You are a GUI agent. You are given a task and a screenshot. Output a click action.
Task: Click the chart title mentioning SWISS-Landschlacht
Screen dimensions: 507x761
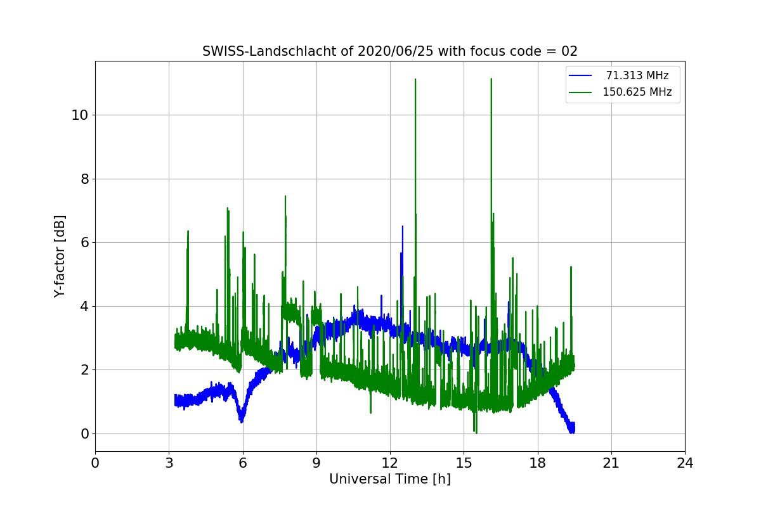click(x=389, y=51)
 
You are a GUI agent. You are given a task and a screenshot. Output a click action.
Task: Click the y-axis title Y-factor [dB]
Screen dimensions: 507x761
click(x=60, y=256)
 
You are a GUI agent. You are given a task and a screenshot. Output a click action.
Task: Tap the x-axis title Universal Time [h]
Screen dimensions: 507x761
click(x=389, y=479)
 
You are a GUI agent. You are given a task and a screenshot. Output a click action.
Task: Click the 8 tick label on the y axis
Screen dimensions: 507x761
click(x=84, y=179)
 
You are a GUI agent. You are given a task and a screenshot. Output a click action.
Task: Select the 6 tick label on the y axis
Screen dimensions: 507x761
click(x=84, y=242)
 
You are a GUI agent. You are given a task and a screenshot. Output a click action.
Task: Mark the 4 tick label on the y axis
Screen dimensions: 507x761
click(x=84, y=306)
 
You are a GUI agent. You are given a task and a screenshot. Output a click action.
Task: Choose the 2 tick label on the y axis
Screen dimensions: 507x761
click(x=84, y=370)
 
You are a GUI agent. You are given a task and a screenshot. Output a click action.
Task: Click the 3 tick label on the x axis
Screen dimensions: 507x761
click(x=169, y=463)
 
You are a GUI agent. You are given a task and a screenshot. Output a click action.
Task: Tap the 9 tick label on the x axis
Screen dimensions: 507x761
click(x=316, y=463)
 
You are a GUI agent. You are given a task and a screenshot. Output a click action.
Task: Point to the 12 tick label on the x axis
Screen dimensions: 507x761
click(x=390, y=463)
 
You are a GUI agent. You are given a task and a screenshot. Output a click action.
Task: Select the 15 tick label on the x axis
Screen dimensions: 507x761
click(x=464, y=463)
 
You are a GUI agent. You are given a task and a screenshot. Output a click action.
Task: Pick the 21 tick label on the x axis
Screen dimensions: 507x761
click(x=611, y=463)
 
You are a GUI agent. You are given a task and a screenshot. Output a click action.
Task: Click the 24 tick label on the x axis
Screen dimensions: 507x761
click(x=685, y=463)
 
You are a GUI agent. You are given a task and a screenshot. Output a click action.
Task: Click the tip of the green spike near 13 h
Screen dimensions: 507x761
click(x=415, y=79)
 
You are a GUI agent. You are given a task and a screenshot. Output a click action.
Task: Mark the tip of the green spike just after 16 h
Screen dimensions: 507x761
click(x=491, y=79)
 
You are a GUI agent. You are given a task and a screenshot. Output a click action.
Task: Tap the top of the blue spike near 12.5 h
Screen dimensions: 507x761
click(x=402, y=226)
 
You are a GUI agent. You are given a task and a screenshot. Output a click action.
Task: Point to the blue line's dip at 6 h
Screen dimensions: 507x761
click(x=241, y=421)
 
